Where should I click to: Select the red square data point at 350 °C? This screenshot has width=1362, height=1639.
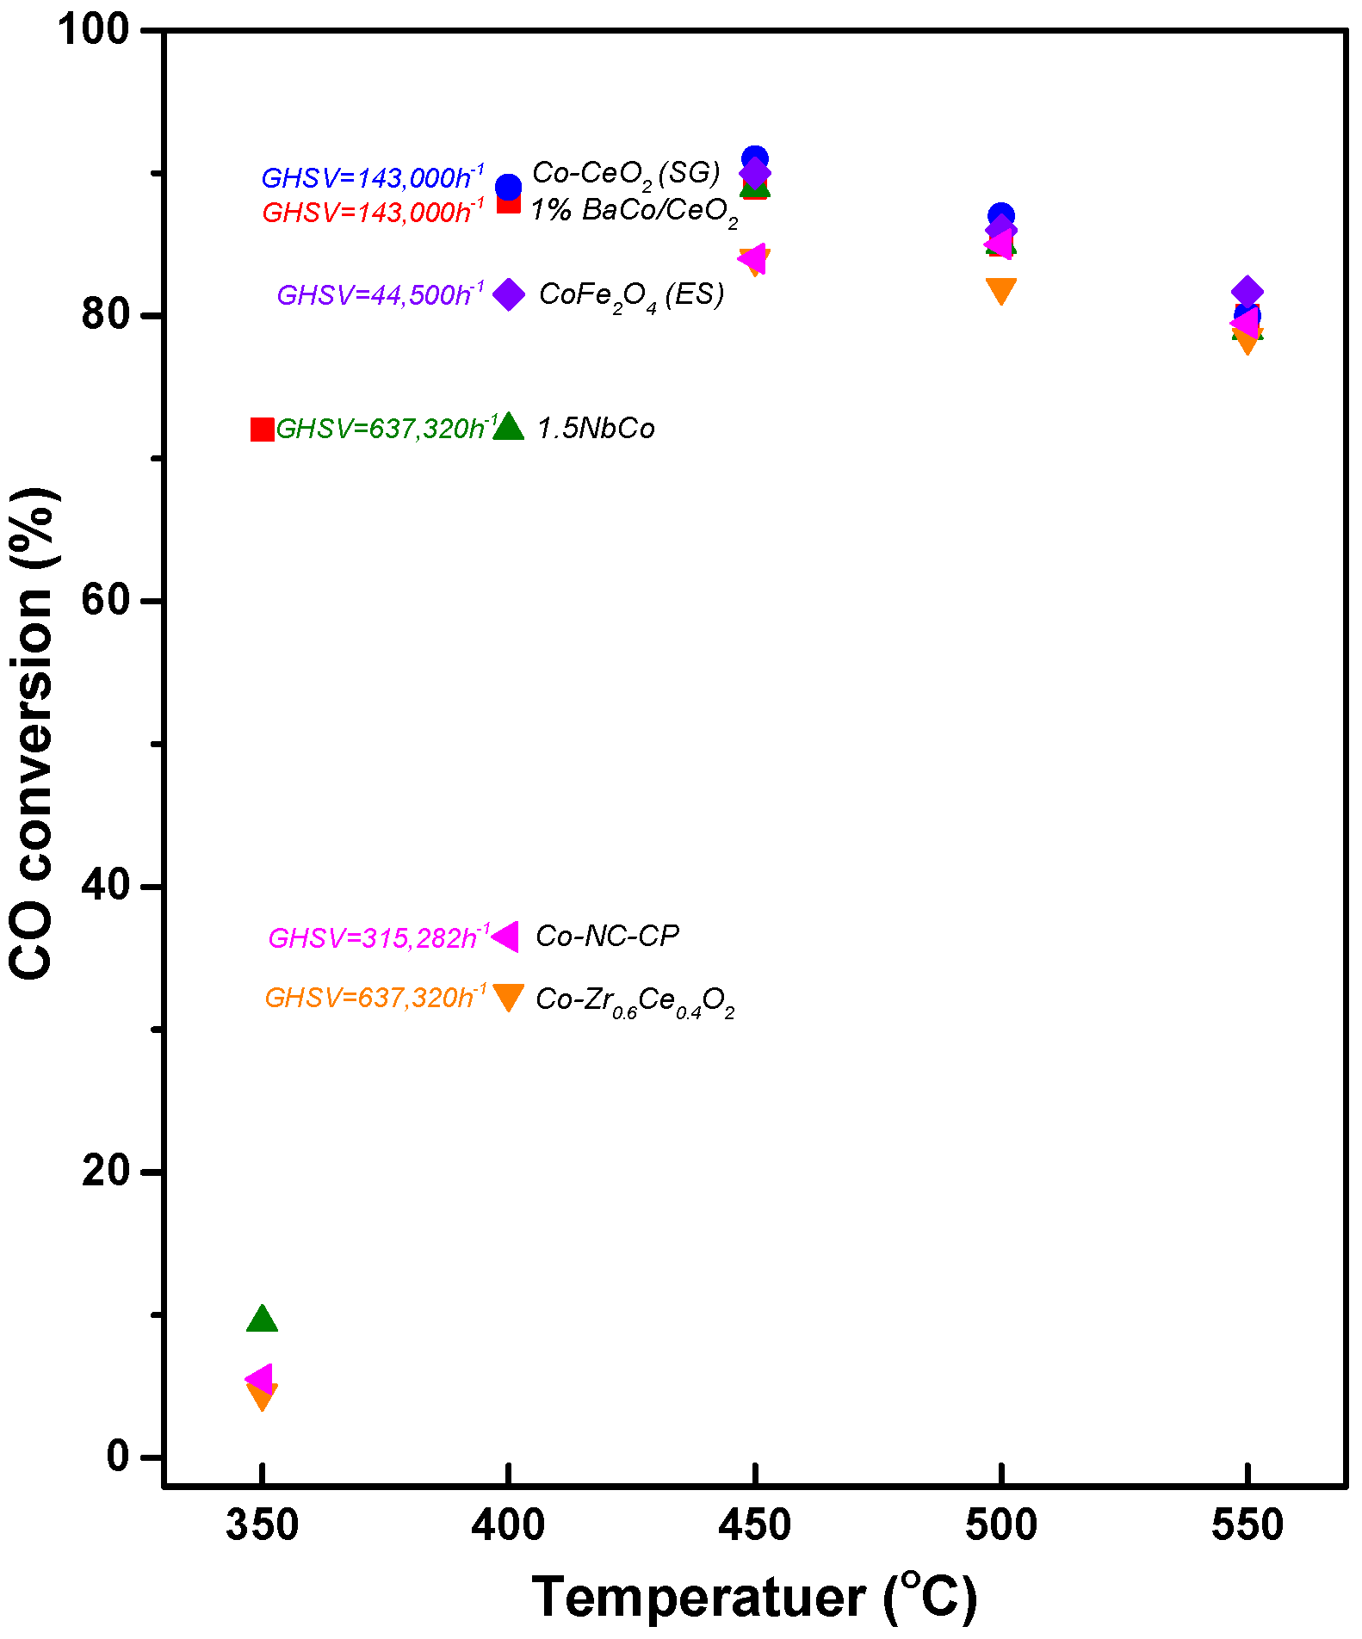tap(262, 429)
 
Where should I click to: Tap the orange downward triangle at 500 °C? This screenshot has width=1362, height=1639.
tap(1000, 290)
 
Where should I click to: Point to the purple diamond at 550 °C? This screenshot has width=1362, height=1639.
tap(1247, 293)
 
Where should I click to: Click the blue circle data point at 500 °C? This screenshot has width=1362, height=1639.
tap(1000, 216)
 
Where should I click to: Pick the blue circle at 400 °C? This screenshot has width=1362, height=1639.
tap(509, 186)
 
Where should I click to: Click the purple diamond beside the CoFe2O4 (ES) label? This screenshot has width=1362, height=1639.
tap(509, 294)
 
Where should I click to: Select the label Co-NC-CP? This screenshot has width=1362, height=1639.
tap(607, 936)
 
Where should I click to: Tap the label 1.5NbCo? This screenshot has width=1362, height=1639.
tap(596, 428)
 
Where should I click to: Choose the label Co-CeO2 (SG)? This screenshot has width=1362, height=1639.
tap(626, 174)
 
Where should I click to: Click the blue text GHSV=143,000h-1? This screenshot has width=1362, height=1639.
tap(372, 176)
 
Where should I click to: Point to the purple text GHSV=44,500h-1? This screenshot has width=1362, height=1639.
tap(380, 294)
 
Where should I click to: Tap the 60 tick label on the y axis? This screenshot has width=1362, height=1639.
tap(105, 600)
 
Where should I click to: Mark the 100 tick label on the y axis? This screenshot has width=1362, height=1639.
tap(93, 29)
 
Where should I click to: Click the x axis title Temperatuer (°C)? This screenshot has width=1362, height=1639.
tap(754, 1598)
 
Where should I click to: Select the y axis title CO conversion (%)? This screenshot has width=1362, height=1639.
tap(31, 733)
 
